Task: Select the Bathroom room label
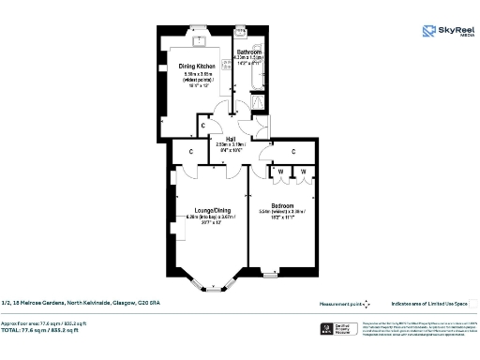pyautogui.click(x=248, y=52)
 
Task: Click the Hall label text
pyautogui.click(x=230, y=139)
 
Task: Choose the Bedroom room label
pyautogui.click(x=282, y=205)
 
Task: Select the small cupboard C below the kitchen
pyautogui.click(x=203, y=124)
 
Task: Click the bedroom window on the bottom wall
pyautogui.click(x=271, y=277)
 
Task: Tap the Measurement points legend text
pyautogui.click(x=341, y=303)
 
